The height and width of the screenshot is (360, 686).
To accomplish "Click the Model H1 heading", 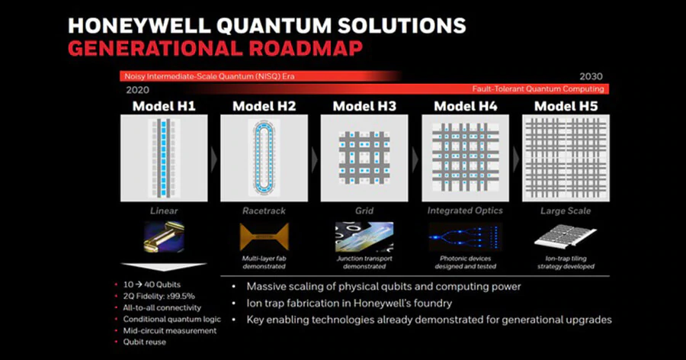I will point(164,106).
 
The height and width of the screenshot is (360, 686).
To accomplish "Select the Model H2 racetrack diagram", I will point(264,158).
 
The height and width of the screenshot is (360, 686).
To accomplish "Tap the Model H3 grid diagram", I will point(364,158).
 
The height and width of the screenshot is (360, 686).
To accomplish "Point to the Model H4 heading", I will point(465,106).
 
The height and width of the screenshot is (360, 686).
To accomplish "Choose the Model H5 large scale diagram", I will point(566,158).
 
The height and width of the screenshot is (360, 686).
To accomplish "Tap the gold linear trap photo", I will point(164,237).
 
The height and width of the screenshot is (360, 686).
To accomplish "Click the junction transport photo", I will point(364,237).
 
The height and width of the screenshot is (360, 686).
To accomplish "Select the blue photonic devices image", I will point(465,237).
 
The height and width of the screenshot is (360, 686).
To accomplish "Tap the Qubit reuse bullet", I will point(146,342).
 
